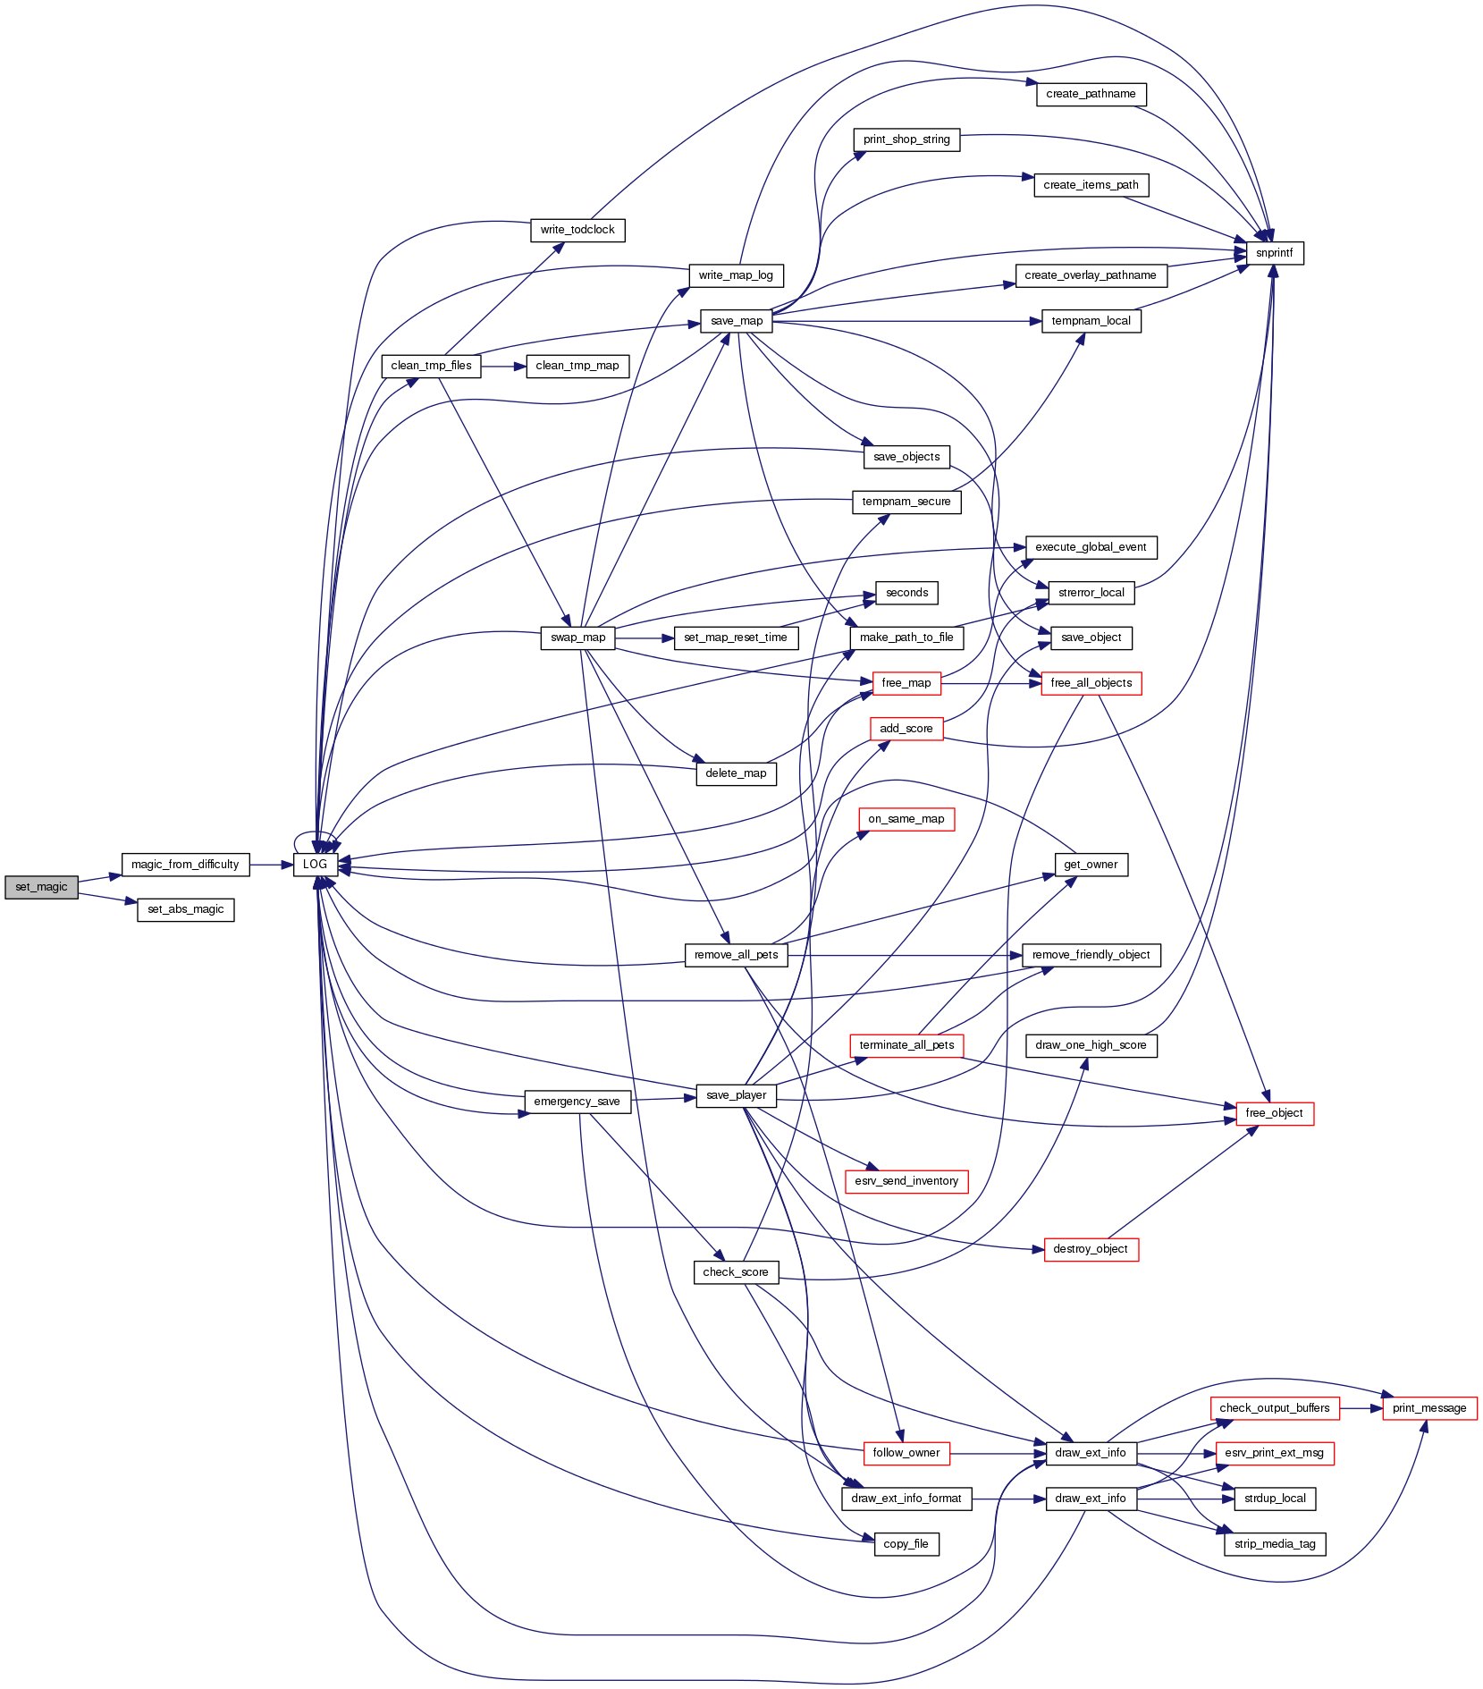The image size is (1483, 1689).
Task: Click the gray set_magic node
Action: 41,887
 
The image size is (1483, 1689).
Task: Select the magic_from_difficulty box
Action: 185,865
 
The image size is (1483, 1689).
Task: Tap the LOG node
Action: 315,865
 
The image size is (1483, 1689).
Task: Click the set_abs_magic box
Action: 185,909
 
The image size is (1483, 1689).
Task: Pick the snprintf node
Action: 1274,253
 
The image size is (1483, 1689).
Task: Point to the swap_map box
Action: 577,638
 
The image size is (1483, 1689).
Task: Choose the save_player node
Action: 736,1095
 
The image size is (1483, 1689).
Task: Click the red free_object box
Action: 1274,1113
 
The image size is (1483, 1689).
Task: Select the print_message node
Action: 1428,1408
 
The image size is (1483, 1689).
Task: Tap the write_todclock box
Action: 577,230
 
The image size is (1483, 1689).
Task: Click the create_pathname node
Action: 1091,94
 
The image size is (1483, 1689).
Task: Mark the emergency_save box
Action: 577,1102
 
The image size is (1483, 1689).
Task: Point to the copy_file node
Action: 906,1544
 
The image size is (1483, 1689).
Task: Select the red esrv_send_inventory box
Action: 906,1181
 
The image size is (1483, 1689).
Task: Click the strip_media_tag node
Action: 1274,1544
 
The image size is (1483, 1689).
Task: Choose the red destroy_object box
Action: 1091,1249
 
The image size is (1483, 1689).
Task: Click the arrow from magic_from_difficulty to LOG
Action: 272,865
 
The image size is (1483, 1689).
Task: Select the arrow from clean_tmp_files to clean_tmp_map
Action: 503,367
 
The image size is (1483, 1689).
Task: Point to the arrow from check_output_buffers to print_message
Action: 1361,1408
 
